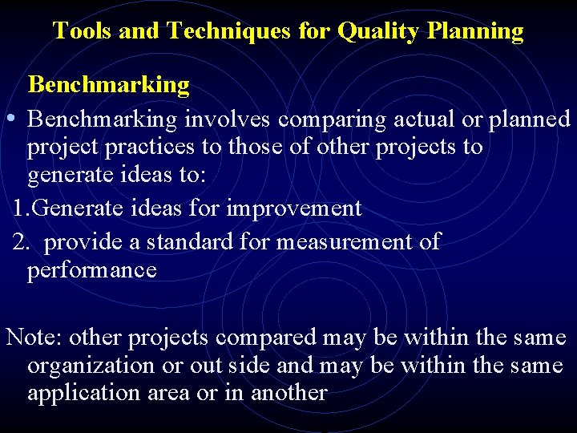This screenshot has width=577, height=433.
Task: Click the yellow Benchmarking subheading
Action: pos(108,83)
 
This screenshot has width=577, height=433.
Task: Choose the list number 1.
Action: pos(21,208)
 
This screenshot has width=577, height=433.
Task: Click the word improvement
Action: pos(294,208)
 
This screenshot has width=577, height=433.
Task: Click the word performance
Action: pos(91,269)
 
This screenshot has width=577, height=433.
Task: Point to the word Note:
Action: pos(30,337)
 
